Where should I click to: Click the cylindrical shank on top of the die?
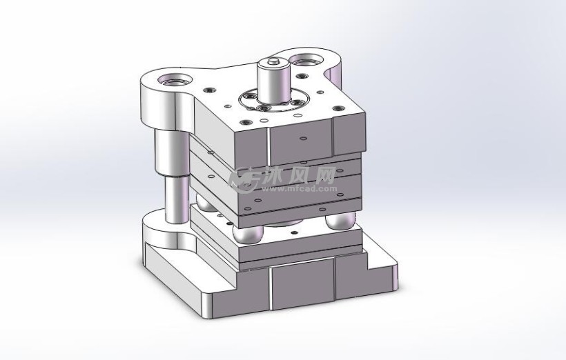tap(273, 81)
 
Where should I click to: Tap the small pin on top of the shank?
tap(273, 60)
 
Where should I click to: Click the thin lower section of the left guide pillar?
tap(177, 199)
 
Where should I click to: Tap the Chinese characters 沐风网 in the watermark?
tap(300, 176)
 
